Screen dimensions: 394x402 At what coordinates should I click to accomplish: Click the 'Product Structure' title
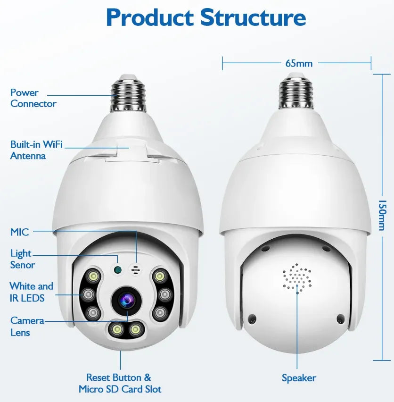click(x=206, y=17)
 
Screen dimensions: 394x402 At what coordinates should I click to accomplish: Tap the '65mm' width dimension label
click(x=299, y=63)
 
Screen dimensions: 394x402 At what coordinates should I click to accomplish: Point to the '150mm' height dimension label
click(x=382, y=215)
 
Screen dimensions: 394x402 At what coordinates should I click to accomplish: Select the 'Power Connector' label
click(x=33, y=98)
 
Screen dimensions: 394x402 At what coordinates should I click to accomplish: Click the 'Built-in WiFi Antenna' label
click(x=36, y=150)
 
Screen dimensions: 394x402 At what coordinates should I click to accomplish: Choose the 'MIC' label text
click(x=19, y=232)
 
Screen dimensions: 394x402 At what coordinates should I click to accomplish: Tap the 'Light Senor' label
click(x=22, y=259)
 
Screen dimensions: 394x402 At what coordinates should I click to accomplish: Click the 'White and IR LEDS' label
click(x=31, y=292)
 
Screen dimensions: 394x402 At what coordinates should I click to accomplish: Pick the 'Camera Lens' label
click(x=27, y=327)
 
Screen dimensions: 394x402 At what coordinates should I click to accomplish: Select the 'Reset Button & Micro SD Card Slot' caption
click(x=120, y=383)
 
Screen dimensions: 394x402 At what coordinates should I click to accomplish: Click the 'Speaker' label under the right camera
click(x=299, y=378)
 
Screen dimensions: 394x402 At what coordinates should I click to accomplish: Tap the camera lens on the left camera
click(x=126, y=300)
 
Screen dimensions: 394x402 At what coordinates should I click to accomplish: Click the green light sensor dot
click(x=117, y=269)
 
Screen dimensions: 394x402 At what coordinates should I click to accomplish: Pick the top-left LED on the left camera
click(x=93, y=276)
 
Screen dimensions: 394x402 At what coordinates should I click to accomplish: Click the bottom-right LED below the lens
click(x=135, y=329)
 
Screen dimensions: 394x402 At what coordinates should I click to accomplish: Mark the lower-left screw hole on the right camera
click(x=252, y=318)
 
